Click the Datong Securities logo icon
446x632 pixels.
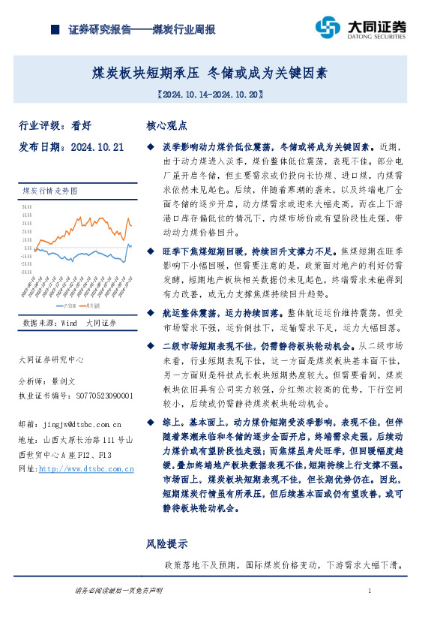point(328,28)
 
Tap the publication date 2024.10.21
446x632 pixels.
point(97,147)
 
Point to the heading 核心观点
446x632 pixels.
point(166,125)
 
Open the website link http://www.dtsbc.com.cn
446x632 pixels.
point(86,468)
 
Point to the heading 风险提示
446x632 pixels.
point(166,543)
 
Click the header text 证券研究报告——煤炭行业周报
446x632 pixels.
point(142,30)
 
